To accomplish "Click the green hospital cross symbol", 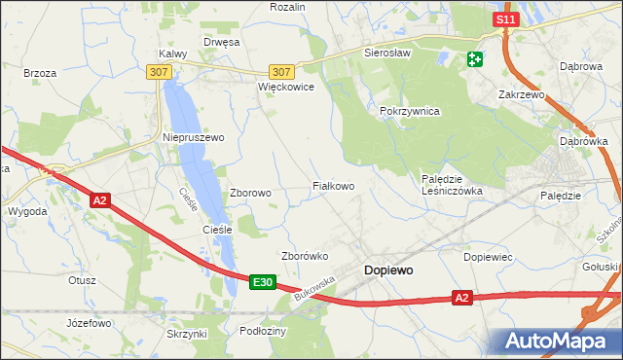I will click(x=474, y=59).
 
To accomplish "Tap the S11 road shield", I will click(x=504, y=19).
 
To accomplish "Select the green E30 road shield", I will click(x=261, y=282).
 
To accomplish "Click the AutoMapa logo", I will click(x=558, y=341).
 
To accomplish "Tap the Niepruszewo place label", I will click(x=193, y=138).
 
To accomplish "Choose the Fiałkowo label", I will click(x=332, y=185).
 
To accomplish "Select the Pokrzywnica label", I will click(x=410, y=112).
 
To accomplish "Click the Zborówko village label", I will click(x=305, y=256).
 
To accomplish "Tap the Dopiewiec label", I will click(x=489, y=257).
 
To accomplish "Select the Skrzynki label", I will click(x=187, y=334).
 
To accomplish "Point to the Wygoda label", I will click(x=26, y=210).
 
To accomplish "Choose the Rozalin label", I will click(x=288, y=7).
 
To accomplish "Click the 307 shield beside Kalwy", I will click(x=160, y=72).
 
